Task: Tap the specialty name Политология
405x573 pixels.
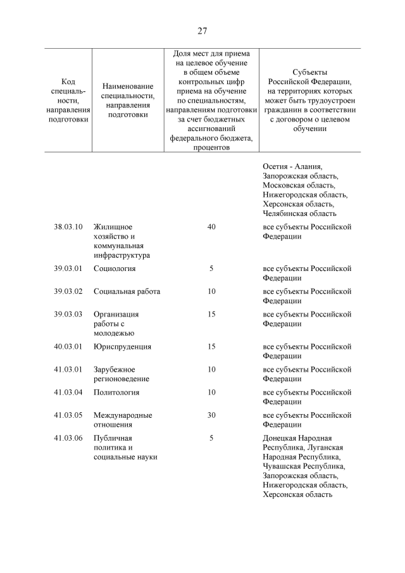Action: point(116,392)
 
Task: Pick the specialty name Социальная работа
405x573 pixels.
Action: point(127,291)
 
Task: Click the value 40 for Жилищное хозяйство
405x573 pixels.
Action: point(211,227)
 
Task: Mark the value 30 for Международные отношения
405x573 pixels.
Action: point(211,415)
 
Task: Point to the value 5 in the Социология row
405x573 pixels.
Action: point(211,268)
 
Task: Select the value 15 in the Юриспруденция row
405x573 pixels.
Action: point(211,346)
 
